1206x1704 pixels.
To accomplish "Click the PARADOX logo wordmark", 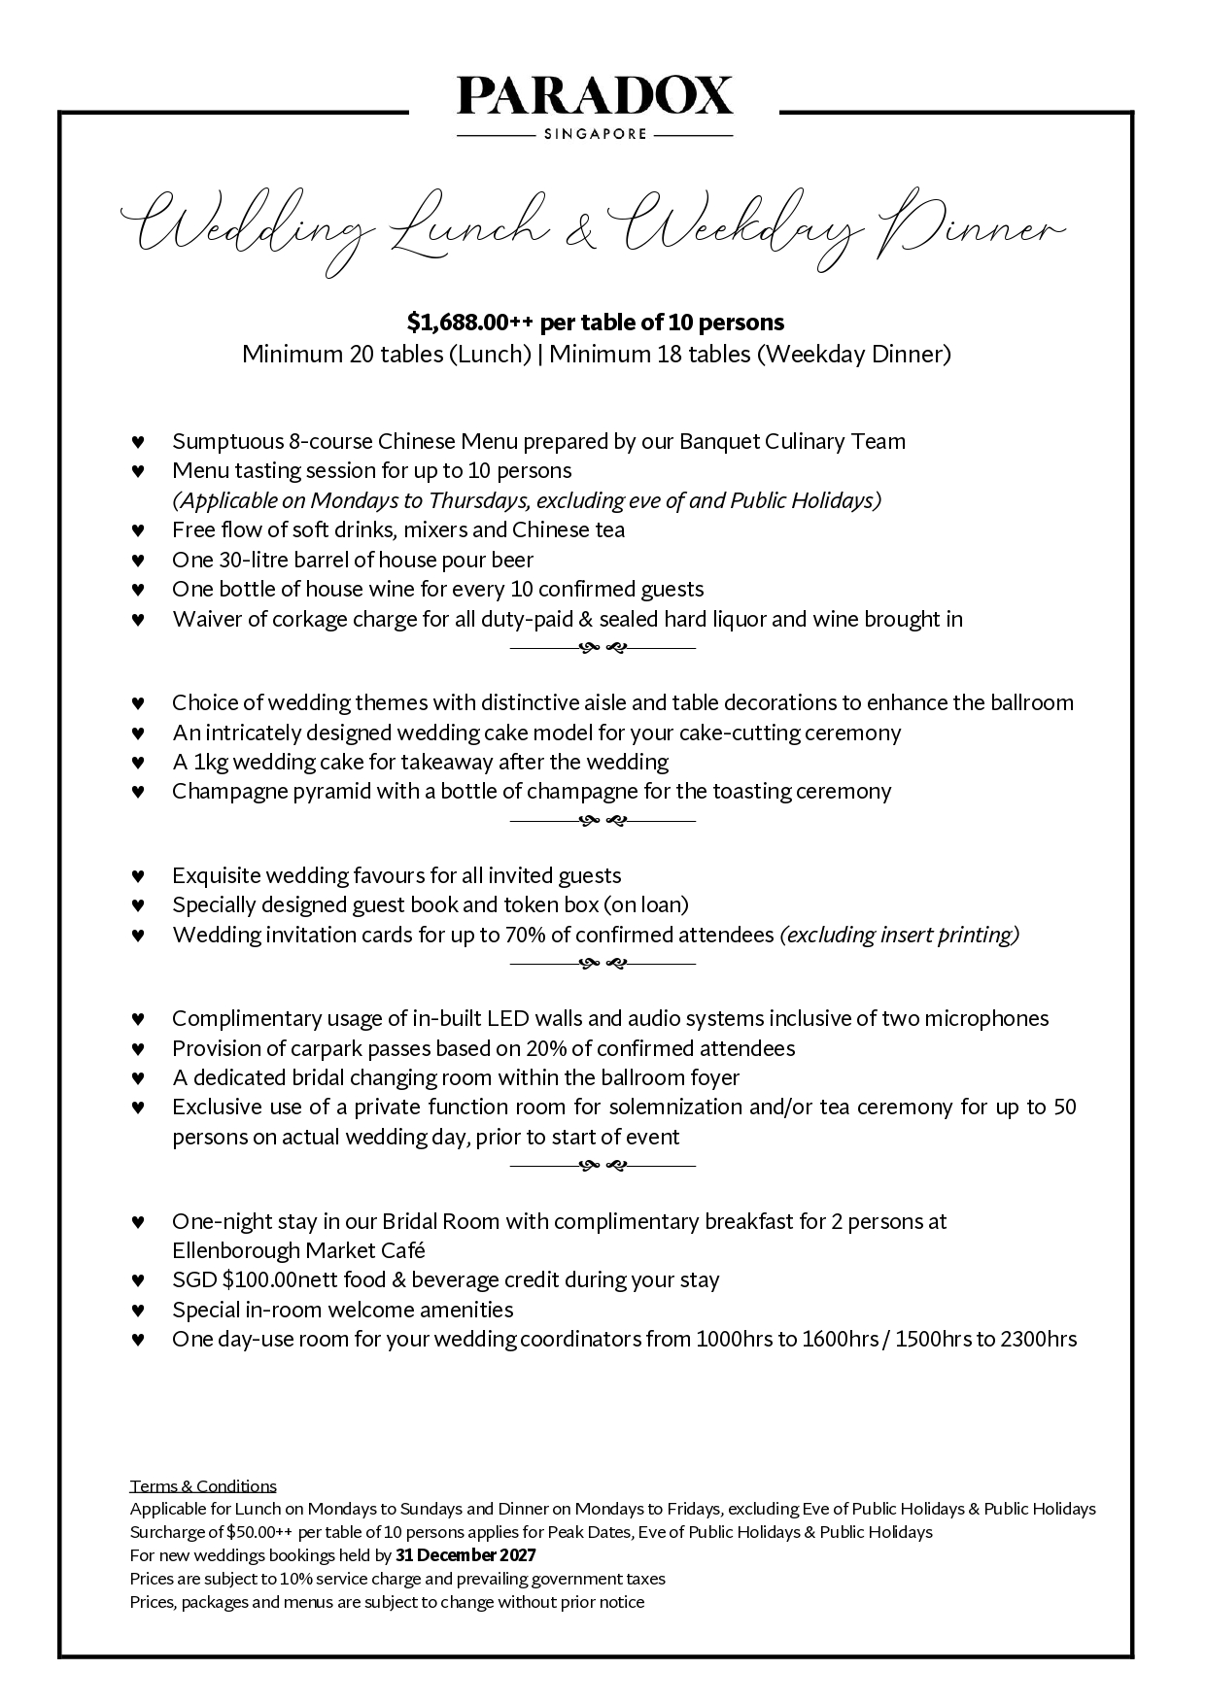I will click(595, 97).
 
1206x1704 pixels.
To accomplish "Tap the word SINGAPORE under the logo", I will click(595, 134).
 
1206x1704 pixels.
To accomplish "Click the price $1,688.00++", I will click(470, 322).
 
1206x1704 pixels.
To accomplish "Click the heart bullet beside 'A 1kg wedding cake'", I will click(138, 763).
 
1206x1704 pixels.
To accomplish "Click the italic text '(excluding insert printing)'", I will click(900, 935).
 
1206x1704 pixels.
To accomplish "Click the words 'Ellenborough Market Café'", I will click(298, 1250).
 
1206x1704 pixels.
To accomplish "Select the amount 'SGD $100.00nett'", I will click(250, 1280).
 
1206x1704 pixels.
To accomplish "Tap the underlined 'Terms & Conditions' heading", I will click(203, 1486).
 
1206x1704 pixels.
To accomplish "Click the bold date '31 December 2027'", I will click(465, 1555).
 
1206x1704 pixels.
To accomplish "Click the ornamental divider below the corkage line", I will click(603, 648).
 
